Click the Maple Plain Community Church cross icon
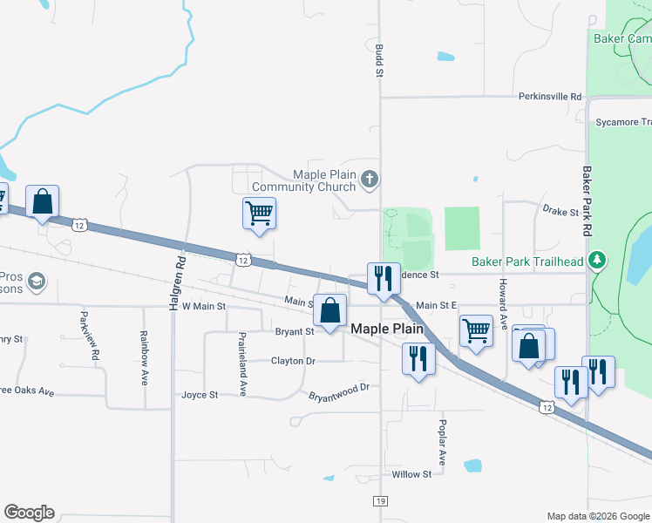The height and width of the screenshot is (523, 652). (370, 180)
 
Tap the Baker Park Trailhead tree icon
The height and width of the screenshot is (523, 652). (597, 260)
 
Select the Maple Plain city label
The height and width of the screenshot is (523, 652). (387, 329)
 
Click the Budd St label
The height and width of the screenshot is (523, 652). (379, 61)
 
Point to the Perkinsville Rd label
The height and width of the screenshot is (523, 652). (549, 96)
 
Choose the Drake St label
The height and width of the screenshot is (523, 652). (560, 212)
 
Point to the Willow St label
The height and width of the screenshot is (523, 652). (411, 474)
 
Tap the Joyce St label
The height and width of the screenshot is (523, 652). (200, 395)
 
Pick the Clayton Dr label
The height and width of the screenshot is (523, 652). (293, 360)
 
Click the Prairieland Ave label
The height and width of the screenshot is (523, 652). (243, 364)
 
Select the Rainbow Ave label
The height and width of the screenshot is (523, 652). (145, 358)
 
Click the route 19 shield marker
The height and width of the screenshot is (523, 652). (380, 501)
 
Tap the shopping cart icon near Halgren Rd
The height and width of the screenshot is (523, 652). (260, 212)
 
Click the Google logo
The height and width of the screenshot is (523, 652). (29, 513)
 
